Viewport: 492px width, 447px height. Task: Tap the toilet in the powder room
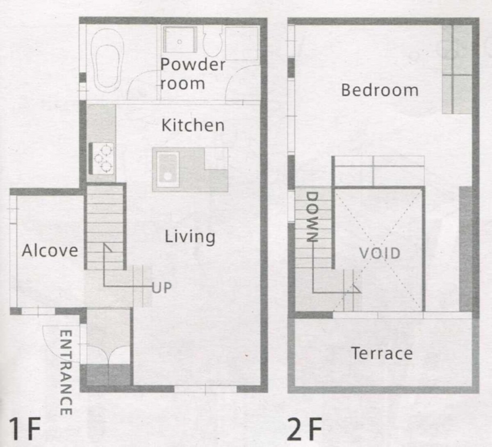click(x=213, y=42)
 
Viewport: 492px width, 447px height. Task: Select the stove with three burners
click(x=101, y=159)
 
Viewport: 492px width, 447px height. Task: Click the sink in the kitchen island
click(x=168, y=170)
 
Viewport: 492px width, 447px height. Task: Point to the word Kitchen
click(x=193, y=125)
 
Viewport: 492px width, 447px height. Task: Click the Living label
click(x=190, y=237)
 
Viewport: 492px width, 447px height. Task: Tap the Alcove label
click(x=50, y=250)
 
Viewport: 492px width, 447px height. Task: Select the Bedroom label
click(x=380, y=90)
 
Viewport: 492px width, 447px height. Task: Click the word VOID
click(x=380, y=253)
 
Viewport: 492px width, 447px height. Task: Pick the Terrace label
click(x=382, y=353)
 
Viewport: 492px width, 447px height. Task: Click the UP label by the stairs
click(x=162, y=288)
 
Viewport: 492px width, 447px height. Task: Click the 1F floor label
click(x=25, y=429)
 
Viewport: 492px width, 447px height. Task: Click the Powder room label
click(x=193, y=74)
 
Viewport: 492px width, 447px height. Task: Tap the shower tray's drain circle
click(x=180, y=42)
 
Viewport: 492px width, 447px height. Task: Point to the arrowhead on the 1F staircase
click(x=108, y=247)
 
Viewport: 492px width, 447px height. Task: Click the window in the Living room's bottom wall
click(x=205, y=389)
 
